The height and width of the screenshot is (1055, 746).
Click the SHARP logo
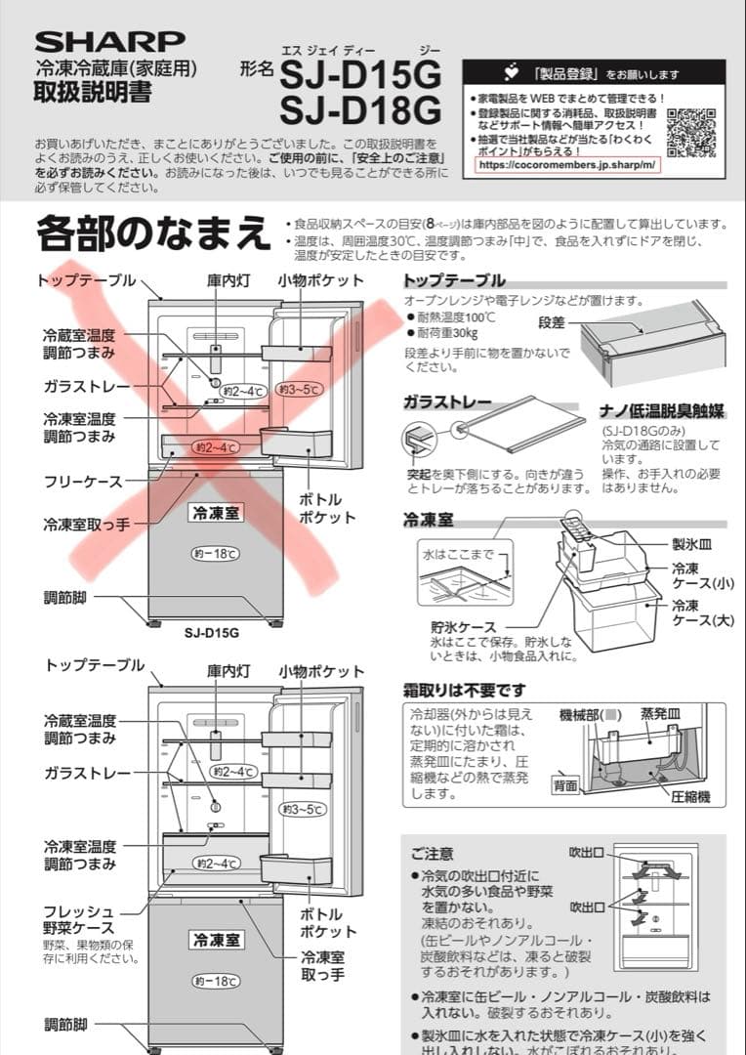pos(109,40)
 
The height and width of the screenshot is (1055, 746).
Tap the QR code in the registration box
pos(691,132)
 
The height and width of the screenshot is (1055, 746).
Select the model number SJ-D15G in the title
pos(360,72)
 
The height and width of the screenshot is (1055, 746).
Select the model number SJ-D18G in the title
pos(360,107)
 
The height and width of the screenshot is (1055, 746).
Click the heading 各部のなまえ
pos(152,235)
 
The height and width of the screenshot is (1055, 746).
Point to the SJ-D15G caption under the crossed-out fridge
pos(212,632)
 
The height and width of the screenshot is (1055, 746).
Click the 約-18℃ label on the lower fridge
pos(215,980)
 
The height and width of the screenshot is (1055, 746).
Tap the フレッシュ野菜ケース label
pos(79,919)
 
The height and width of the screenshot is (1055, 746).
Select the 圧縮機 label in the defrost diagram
pos(690,797)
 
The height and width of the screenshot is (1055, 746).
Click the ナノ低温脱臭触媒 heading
pos(660,411)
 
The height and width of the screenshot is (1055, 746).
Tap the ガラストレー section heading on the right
pos(448,401)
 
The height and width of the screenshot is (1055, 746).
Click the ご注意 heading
pos(432,853)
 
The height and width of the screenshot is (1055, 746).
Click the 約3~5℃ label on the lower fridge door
pos(302,808)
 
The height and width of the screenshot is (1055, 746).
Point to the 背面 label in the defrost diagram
pos(565,784)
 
